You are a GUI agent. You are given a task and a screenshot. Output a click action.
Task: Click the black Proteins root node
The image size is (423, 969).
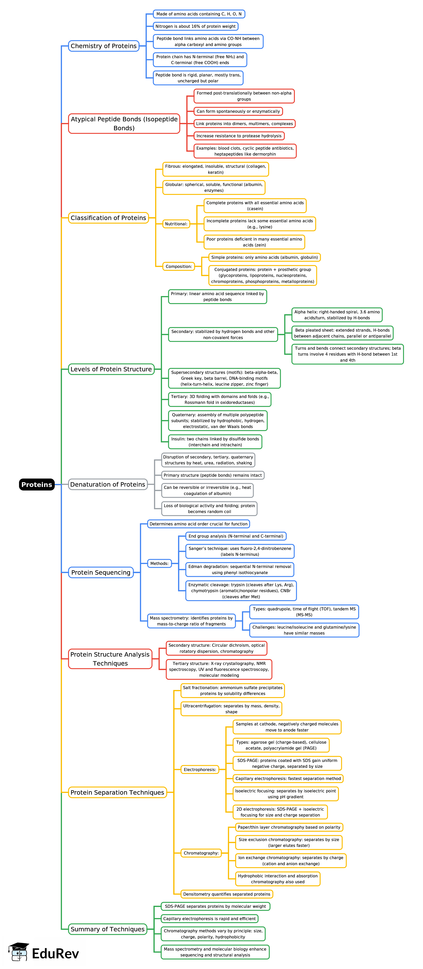tap(37, 484)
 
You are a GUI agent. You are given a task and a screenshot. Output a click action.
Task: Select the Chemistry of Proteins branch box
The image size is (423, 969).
tap(103, 46)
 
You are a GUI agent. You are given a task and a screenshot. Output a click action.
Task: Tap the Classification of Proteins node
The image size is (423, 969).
tap(108, 218)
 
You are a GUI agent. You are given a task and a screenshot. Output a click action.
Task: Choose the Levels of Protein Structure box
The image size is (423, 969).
tap(111, 369)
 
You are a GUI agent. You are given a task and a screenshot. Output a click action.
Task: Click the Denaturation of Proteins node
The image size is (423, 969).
tap(108, 484)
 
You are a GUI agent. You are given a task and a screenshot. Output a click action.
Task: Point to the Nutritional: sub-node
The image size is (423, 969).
tap(176, 224)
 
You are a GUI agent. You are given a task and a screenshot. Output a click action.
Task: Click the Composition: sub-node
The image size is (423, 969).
tap(179, 266)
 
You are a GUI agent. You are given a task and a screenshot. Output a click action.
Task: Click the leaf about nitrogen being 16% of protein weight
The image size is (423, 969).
tap(195, 26)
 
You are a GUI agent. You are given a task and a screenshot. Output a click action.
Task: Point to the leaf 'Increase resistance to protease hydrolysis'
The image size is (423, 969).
tap(239, 136)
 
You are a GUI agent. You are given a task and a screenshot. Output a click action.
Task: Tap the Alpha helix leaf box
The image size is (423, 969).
tap(337, 315)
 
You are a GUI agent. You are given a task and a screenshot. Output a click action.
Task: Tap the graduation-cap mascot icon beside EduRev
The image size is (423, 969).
tap(19, 952)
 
